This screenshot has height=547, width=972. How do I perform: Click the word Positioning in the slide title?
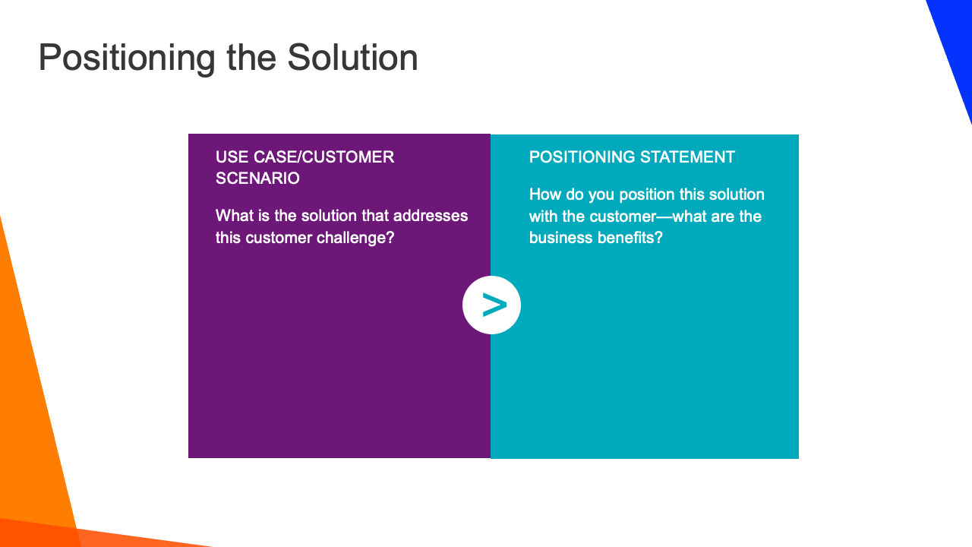pos(127,58)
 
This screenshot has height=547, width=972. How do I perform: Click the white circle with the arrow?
pos(491,305)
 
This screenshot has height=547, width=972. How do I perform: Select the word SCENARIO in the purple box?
pos(257,179)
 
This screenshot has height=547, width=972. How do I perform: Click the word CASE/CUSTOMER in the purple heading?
pos(323,157)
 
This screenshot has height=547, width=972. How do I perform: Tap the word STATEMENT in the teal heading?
pos(687,157)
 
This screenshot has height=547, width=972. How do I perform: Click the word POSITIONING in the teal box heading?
pos(582,157)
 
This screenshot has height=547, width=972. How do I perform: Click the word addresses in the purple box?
pos(430,216)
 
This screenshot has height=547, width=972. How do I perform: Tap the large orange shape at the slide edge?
pos(30,413)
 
